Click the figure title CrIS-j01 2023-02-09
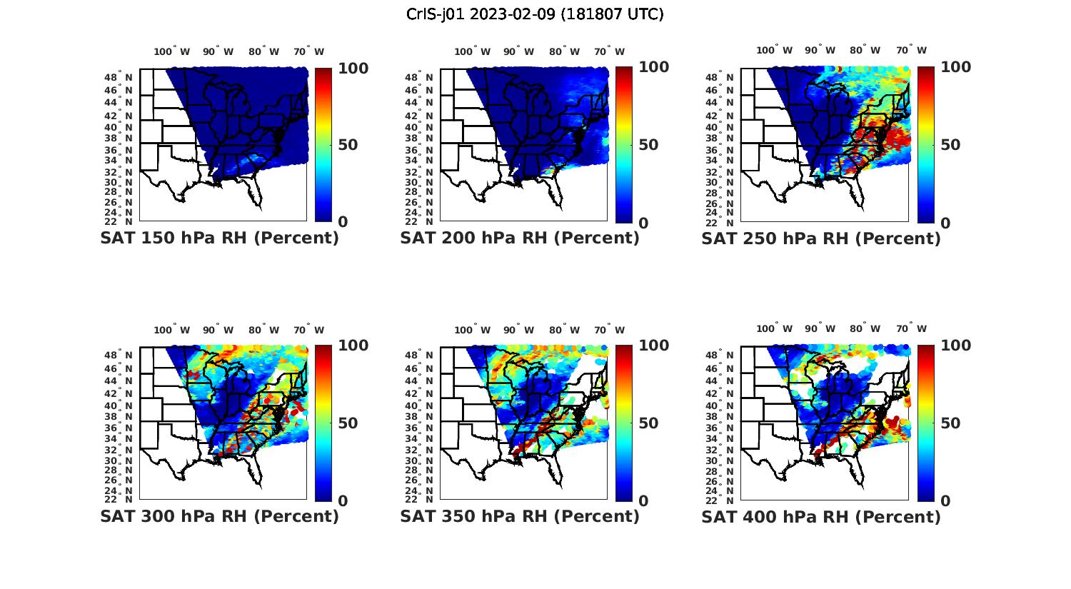pos(535,14)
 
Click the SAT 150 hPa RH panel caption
pos(219,238)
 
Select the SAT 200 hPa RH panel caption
pos(520,238)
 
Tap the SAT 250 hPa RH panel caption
pos(821,238)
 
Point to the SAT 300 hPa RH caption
pos(219,515)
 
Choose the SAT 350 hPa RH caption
pos(520,515)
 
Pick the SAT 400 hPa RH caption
pos(821,515)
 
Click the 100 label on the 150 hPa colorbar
pos(352,68)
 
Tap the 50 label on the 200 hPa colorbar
pos(648,145)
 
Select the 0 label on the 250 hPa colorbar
pos(945,223)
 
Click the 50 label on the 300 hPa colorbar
pos(348,423)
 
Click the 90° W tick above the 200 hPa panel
pos(518,51)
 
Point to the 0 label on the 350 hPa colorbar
pos(643,501)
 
